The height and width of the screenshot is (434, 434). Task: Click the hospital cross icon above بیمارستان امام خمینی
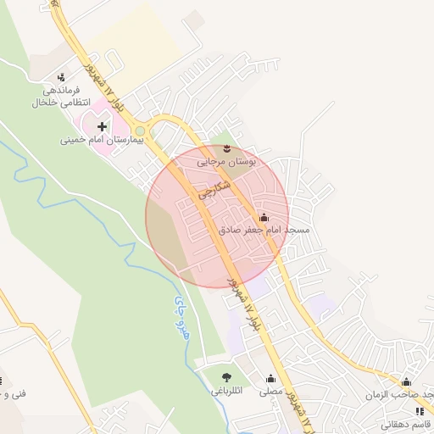(x=103, y=126)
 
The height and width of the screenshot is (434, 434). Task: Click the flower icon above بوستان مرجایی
(x=225, y=148)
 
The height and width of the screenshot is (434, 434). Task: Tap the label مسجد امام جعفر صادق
(x=264, y=230)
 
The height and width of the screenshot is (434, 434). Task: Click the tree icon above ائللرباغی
(x=225, y=377)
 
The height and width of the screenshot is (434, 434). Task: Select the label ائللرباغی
(x=225, y=392)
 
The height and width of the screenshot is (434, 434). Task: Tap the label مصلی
(x=270, y=392)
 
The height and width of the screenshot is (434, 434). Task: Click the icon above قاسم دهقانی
(x=419, y=411)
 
